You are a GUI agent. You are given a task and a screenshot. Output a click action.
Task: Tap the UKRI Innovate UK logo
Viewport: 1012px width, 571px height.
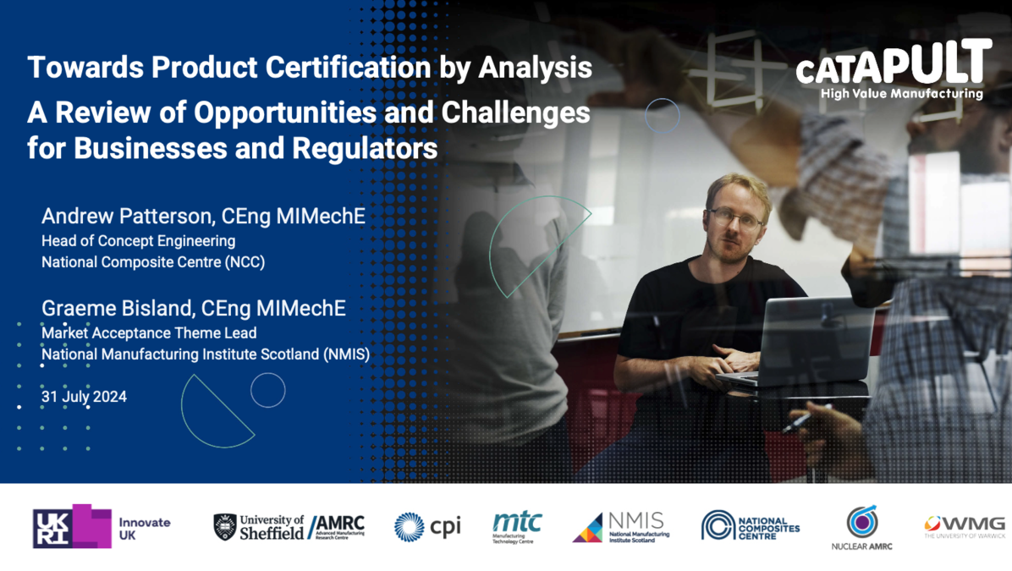tap(102, 525)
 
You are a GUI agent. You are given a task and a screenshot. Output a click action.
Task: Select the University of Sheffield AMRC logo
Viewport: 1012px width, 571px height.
tap(289, 526)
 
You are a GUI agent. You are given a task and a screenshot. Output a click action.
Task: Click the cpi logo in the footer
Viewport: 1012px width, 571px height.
tap(427, 526)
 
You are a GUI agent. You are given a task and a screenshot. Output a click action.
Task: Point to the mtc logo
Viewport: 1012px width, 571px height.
tap(517, 527)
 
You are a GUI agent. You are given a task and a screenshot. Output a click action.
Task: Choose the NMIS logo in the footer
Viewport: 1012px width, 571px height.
tap(621, 526)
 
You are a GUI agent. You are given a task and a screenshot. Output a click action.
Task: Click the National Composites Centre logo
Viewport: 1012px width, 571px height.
tap(751, 525)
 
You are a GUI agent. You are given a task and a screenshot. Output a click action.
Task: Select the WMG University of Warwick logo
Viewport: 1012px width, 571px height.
tap(965, 526)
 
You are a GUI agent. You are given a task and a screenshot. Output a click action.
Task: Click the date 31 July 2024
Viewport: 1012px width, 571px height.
tap(84, 396)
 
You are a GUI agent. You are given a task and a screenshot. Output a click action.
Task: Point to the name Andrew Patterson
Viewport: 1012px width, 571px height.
tap(125, 217)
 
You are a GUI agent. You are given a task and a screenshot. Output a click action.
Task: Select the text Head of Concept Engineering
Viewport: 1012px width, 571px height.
tap(138, 241)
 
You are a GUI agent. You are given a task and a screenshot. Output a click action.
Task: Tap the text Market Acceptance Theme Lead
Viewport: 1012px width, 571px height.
tap(149, 333)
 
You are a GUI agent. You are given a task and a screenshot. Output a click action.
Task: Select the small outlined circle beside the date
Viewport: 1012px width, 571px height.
tap(267, 390)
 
